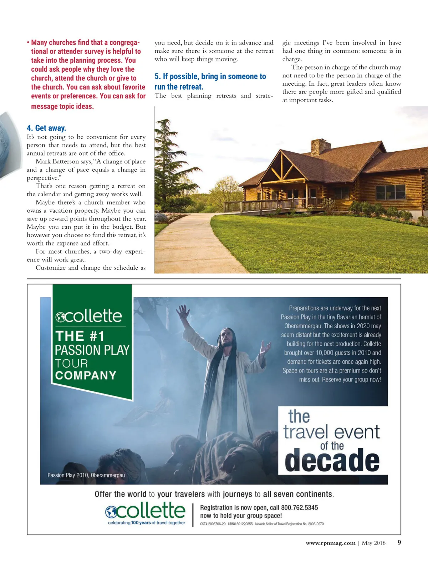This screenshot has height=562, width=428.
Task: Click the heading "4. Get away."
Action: click(x=46, y=128)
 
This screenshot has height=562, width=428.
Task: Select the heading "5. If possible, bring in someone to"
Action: click(x=210, y=76)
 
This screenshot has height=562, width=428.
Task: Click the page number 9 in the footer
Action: click(x=399, y=543)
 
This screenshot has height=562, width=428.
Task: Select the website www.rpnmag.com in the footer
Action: click(x=330, y=543)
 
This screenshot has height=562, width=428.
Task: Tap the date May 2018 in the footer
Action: click(x=373, y=543)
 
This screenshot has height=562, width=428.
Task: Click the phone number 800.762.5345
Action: click(x=299, y=507)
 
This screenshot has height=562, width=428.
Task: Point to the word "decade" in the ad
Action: click(x=332, y=460)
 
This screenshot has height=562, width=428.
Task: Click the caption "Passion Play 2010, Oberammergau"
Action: click(x=86, y=475)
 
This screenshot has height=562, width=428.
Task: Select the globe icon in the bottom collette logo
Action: click(x=111, y=512)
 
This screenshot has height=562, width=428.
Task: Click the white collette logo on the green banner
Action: click(x=89, y=316)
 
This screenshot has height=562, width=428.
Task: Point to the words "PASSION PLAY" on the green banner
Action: click(x=92, y=350)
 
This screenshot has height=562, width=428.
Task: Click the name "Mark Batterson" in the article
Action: click(x=57, y=162)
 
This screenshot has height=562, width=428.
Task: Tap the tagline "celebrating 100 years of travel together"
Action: click(x=147, y=523)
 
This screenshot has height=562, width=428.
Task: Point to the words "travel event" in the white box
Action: click(x=332, y=432)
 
